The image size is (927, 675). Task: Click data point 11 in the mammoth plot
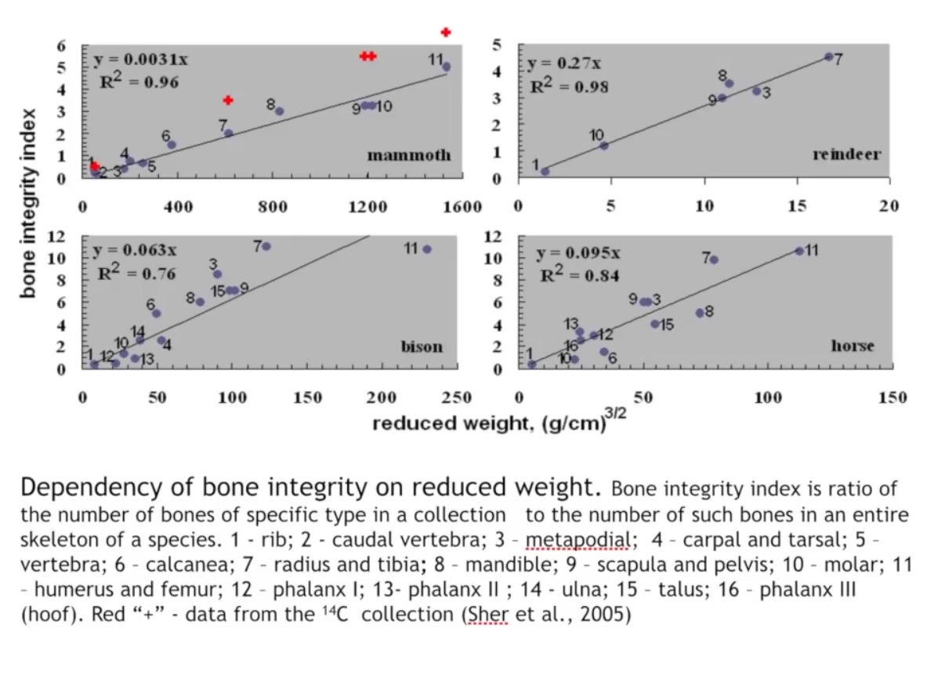pos(446,67)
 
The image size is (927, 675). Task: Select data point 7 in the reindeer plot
pos(829,56)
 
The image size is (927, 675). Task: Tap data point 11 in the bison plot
pos(427,249)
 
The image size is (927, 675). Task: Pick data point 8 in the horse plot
pos(700,313)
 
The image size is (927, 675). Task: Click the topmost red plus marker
pos(445,32)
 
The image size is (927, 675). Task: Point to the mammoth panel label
pos(409,155)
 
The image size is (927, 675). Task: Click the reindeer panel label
pos(846,154)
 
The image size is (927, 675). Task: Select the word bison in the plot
pos(422,346)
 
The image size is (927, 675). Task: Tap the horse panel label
pos(853,346)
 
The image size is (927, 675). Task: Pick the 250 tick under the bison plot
pos(457,397)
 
